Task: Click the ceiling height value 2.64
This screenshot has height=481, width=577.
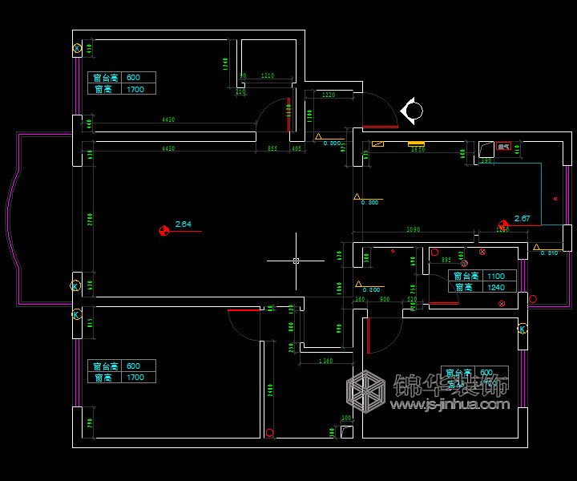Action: click(183, 224)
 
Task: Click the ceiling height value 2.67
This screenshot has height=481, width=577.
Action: click(522, 218)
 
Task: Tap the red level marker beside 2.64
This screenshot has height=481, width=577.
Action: click(164, 231)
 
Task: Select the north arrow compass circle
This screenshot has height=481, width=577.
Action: click(412, 111)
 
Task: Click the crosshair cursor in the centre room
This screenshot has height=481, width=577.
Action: click(296, 261)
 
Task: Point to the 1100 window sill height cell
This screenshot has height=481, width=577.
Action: click(496, 276)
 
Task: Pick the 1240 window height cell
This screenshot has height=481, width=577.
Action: click(496, 287)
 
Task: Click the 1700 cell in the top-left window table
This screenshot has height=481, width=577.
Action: click(135, 90)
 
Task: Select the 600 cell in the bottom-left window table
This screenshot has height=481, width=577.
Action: click(134, 366)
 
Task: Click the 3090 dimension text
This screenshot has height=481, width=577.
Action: click(414, 230)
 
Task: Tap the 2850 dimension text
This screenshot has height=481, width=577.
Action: click(418, 150)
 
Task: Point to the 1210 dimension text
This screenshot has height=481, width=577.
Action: click(268, 76)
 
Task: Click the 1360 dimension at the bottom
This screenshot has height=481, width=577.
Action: click(325, 362)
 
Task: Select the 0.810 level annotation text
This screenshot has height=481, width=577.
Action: click(549, 253)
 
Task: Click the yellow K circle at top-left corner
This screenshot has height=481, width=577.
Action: click(77, 48)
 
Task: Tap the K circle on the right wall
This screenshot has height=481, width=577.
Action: click(523, 329)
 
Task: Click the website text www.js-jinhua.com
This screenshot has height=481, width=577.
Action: click(450, 405)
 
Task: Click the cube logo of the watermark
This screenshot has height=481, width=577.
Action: click(368, 393)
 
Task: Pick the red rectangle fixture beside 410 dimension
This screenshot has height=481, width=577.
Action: click(503, 147)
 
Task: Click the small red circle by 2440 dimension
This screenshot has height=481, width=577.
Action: click(269, 433)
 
